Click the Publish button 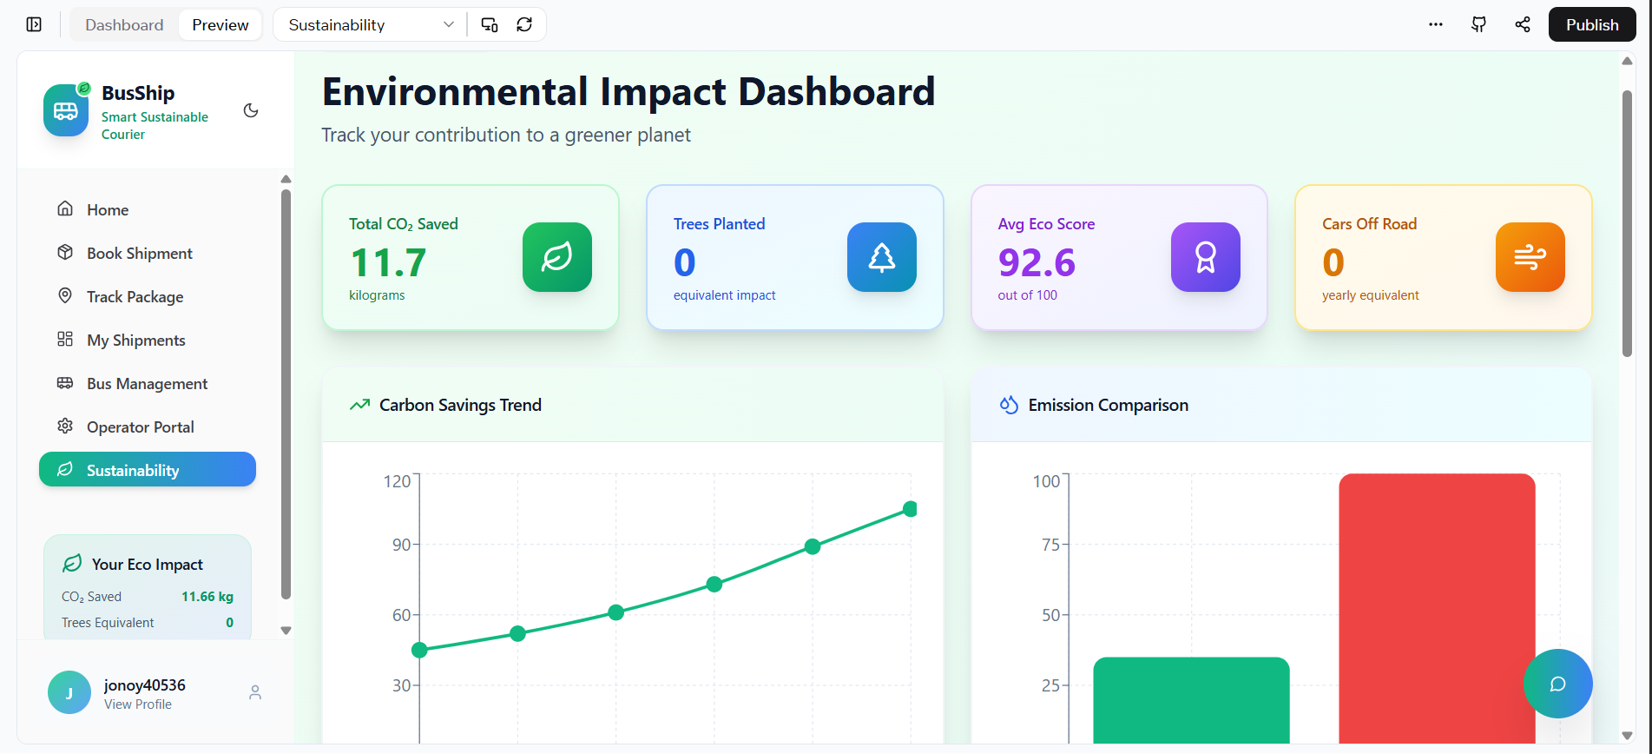pyautogui.click(x=1591, y=24)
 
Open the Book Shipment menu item pyautogui.click(x=139, y=253)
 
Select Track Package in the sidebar pyautogui.click(x=135, y=296)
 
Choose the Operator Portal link pyautogui.click(x=140, y=427)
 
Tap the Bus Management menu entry pyautogui.click(x=147, y=383)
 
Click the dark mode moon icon pyautogui.click(x=251, y=110)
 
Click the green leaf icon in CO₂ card pyautogui.click(x=557, y=257)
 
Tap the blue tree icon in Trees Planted pyautogui.click(x=882, y=257)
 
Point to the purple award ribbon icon pyautogui.click(x=1206, y=257)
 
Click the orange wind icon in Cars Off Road pyautogui.click(x=1530, y=257)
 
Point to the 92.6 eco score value pyautogui.click(x=1037, y=262)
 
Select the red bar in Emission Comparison pyautogui.click(x=1437, y=608)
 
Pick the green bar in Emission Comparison pyautogui.click(x=1191, y=700)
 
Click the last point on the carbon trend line pyautogui.click(x=910, y=509)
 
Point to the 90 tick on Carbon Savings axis pyautogui.click(x=401, y=545)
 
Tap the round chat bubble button pyautogui.click(x=1558, y=684)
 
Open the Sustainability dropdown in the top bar pyautogui.click(x=371, y=24)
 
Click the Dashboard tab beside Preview pyautogui.click(x=124, y=24)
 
